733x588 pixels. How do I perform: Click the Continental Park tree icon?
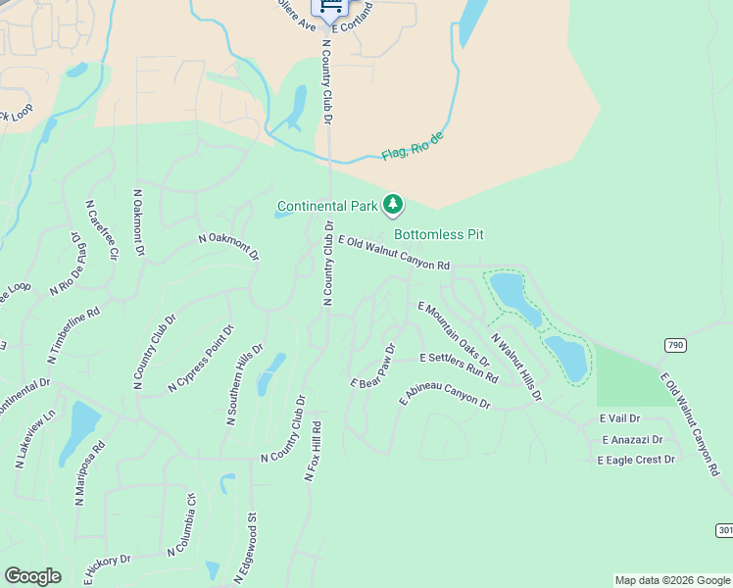point(393,205)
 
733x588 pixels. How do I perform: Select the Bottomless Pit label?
point(438,234)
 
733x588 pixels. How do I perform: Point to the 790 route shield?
point(674,345)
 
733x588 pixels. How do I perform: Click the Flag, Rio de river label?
point(413,149)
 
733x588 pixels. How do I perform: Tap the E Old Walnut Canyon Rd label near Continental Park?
point(393,253)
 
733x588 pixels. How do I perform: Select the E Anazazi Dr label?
point(632,440)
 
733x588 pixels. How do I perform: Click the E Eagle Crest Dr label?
point(638,459)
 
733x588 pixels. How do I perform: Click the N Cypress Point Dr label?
point(202,358)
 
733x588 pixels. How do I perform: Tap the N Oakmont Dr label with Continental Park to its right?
point(229,245)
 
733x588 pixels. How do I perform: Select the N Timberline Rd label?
point(73,337)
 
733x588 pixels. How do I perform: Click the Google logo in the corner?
point(33,576)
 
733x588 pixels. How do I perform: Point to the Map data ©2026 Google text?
point(671,580)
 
